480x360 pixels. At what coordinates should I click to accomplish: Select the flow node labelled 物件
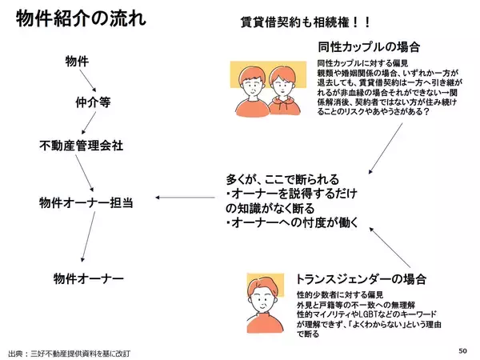click(x=78, y=60)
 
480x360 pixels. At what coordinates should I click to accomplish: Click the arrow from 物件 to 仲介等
click(x=93, y=82)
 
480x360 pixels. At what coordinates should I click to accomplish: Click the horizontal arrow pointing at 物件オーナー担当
click(x=185, y=198)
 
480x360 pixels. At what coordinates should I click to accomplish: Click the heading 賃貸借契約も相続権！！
click(x=294, y=22)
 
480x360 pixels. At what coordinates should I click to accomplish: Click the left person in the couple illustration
click(x=252, y=88)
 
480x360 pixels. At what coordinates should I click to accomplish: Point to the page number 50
click(x=462, y=350)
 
